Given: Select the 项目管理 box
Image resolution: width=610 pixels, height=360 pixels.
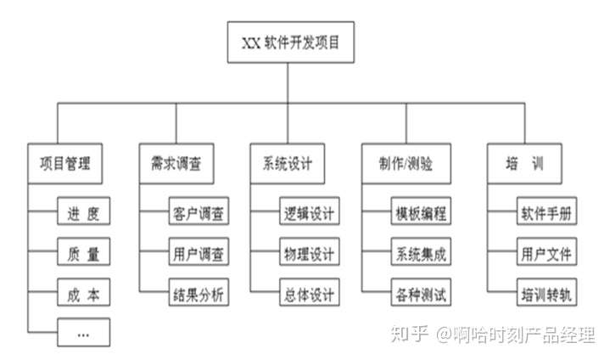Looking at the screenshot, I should [65, 164].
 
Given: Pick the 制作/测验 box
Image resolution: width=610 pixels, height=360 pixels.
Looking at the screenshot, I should [400, 164].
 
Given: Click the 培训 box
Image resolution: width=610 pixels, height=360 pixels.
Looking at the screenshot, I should [513, 164].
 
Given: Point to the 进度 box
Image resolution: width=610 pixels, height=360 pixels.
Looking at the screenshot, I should [83, 213].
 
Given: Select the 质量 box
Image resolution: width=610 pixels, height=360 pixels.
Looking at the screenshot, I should [83, 254].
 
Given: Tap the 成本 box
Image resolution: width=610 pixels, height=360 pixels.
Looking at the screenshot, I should [83, 295].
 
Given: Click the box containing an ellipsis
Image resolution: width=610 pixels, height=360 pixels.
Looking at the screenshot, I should [83, 334].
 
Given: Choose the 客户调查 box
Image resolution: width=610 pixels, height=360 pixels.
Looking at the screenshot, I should [197, 213].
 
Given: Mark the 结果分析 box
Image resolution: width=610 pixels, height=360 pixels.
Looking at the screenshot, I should [197, 295].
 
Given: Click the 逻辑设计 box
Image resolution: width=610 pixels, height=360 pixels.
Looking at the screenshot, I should [309, 213].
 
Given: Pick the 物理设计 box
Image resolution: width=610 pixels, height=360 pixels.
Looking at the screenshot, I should [309, 254].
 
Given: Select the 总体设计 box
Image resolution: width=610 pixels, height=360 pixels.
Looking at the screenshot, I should [309, 295].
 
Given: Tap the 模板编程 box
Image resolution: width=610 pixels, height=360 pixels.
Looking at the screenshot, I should [422, 213].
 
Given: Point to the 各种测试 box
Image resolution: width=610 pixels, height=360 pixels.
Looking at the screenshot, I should [422, 295].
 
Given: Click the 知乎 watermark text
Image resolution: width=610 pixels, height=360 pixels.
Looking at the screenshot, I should [410, 335].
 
